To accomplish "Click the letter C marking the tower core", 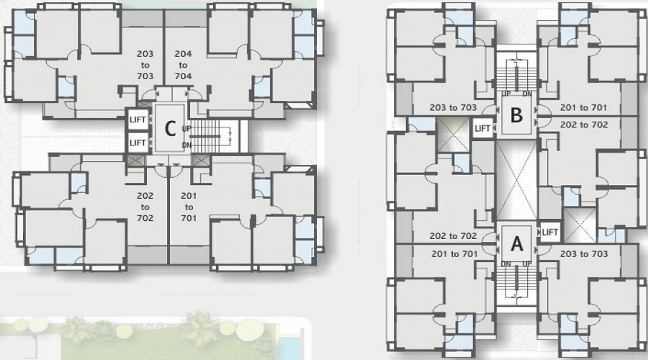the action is click(170, 129).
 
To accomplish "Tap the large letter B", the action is click(516, 115).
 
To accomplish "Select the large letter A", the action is click(516, 244).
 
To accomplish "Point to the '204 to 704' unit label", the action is click(183, 65).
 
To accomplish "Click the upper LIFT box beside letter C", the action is click(138, 120).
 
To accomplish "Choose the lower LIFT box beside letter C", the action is click(138, 143).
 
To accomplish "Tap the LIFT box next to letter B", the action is click(482, 129).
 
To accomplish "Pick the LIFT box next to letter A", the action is click(549, 233).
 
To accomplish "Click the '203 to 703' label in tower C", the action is click(145, 65).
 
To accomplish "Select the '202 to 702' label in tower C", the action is click(145, 207).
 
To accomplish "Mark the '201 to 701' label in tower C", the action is click(189, 207).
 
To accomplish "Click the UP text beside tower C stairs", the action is click(186, 129).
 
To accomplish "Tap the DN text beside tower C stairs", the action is click(186, 145).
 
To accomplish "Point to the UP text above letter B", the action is click(506, 94).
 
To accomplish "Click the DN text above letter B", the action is click(527, 94).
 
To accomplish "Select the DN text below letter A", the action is click(506, 264).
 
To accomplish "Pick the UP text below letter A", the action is click(527, 264).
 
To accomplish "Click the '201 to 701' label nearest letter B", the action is click(583, 108).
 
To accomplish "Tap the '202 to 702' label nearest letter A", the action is click(454, 236).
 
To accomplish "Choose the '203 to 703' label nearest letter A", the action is click(584, 253).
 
